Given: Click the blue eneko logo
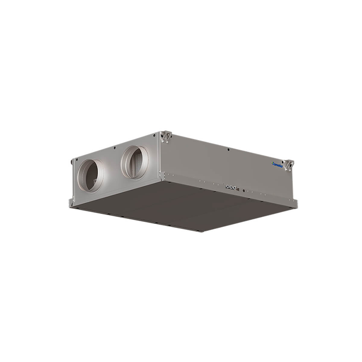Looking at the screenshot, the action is [x=277, y=165].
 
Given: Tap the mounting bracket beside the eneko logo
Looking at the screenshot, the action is [x=289, y=165].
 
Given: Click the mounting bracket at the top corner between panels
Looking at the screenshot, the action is [x=166, y=137].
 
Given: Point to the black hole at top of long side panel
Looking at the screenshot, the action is [x=228, y=150].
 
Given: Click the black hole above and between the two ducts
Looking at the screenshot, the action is [x=115, y=148].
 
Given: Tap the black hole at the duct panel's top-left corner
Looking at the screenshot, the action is [x=77, y=160].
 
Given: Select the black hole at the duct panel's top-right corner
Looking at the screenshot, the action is [x=154, y=135].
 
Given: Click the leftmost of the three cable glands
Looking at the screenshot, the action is [x=228, y=186].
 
